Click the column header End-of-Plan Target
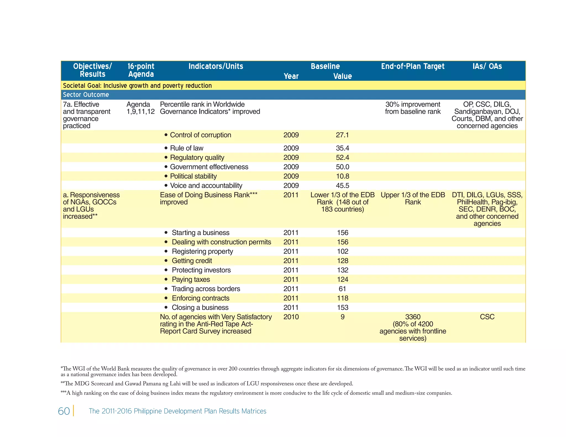click(x=413, y=66)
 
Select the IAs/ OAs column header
click(x=487, y=66)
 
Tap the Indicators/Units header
click(x=216, y=66)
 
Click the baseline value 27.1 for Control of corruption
click(x=342, y=135)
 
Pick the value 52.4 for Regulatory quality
click(x=342, y=157)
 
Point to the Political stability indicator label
click(x=193, y=176)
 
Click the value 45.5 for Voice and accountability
click(x=342, y=186)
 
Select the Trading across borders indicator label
click(x=206, y=289)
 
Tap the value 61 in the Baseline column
click(x=342, y=289)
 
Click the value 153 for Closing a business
click(x=342, y=308)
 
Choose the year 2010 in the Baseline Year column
click(x=291, y=317)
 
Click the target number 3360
click(x=413, y=317)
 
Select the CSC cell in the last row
click(x=487, y=317)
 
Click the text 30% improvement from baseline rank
click(x=413, y=108)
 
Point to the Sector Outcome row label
click(x=86, y=95)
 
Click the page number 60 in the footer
click(x=64, y=411)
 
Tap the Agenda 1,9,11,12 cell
click(x=140, y=108)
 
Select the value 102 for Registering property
click(x=342, y=251)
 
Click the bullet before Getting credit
click(x=166, y=261)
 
